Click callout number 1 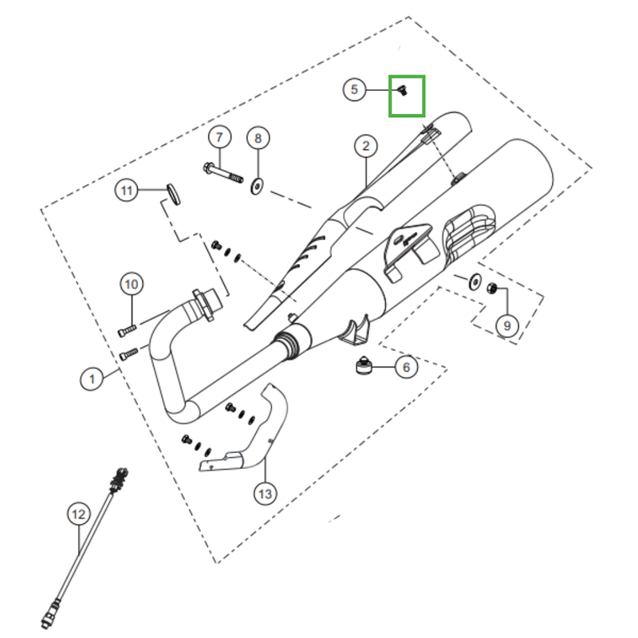92,379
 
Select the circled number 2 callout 365,146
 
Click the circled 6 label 406,367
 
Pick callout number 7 219,137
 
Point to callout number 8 257,138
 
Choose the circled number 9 505,325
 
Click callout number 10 132,283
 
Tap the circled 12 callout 77,514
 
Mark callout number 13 265,494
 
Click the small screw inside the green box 403,92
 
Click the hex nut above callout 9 493,288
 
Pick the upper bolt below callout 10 128,327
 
